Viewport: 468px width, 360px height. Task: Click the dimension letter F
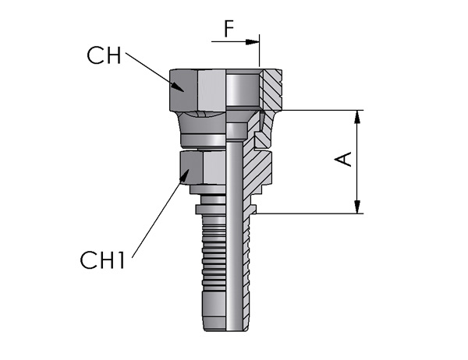pos(229,29)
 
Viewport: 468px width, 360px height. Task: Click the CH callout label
pos(105,55)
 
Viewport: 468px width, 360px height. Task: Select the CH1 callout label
pos(102,260)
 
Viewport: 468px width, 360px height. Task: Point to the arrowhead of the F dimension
pos(252,42)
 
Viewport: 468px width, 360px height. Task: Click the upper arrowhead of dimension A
pos(357,117)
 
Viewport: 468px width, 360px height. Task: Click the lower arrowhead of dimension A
pos(357,207)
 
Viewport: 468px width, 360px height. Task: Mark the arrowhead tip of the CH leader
pos(183,92)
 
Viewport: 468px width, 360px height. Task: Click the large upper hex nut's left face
pos(184,90)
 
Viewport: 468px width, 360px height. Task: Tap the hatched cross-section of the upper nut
pos(271,90)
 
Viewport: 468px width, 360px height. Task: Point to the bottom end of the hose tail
pos(225,330)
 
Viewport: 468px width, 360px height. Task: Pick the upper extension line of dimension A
pos(321,110)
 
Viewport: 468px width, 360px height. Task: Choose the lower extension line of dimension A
pos(310,214)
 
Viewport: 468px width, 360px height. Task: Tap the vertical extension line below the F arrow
pos(260,51)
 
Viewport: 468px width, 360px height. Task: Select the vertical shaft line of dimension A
pos(357,162)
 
